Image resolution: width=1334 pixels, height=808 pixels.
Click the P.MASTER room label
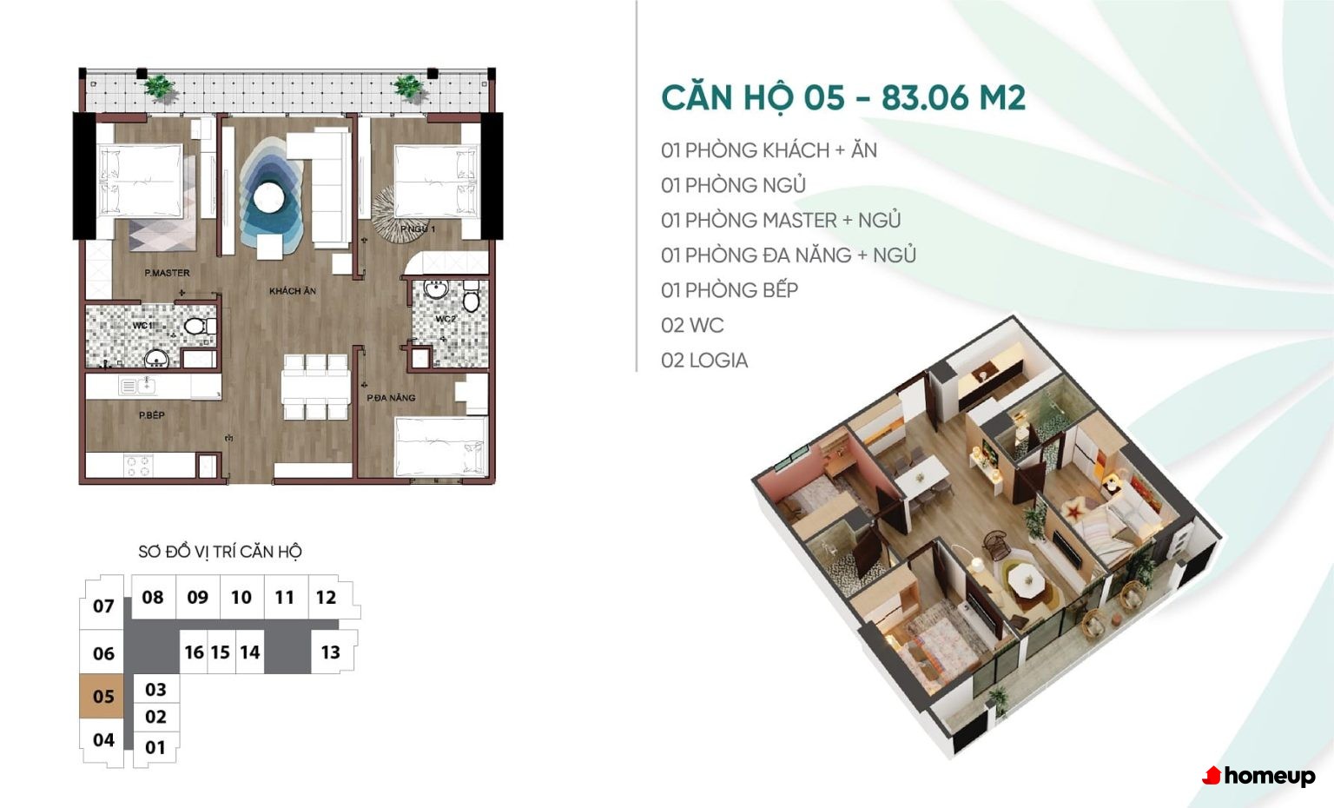[168, 273]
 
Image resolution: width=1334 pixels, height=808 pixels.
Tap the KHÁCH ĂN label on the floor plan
[293, 291]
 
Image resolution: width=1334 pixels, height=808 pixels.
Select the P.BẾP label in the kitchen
[152, 415]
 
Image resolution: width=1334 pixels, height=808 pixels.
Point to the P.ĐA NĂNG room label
[391, 397]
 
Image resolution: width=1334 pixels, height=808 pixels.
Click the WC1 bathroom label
[142, 325]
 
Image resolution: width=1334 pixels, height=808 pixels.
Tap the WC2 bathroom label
[446, 319]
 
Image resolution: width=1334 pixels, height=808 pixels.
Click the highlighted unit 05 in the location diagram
[102, 696]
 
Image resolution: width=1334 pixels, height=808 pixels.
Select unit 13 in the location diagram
[331, 652]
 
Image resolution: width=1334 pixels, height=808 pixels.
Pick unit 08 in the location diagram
[153, 597]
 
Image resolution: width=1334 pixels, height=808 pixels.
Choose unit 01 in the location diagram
[155, 746]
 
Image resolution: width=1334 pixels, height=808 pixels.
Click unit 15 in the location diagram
[221, 652]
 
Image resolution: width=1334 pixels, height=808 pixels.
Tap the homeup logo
[1258, 777]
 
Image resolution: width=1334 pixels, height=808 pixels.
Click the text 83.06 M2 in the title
[954, 97]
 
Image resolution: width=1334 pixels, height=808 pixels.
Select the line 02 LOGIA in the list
[704, 361]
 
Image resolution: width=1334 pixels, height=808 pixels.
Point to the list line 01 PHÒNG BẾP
[730, 290]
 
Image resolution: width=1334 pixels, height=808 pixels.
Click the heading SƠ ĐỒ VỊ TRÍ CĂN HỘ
[221, 552]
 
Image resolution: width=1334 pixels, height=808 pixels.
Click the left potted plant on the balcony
[159, 88]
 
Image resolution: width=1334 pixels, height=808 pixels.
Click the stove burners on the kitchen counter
[138, 466]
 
